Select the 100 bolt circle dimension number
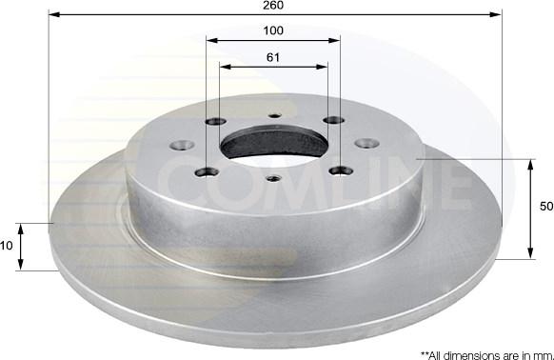(x=274, y=31)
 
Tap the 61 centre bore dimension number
(x=273, y=57)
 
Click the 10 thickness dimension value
(x=6, y=246)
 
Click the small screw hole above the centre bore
(x=274, y=117)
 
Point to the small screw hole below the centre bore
(x=273, y=177)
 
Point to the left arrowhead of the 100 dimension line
(x=211, y=41)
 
